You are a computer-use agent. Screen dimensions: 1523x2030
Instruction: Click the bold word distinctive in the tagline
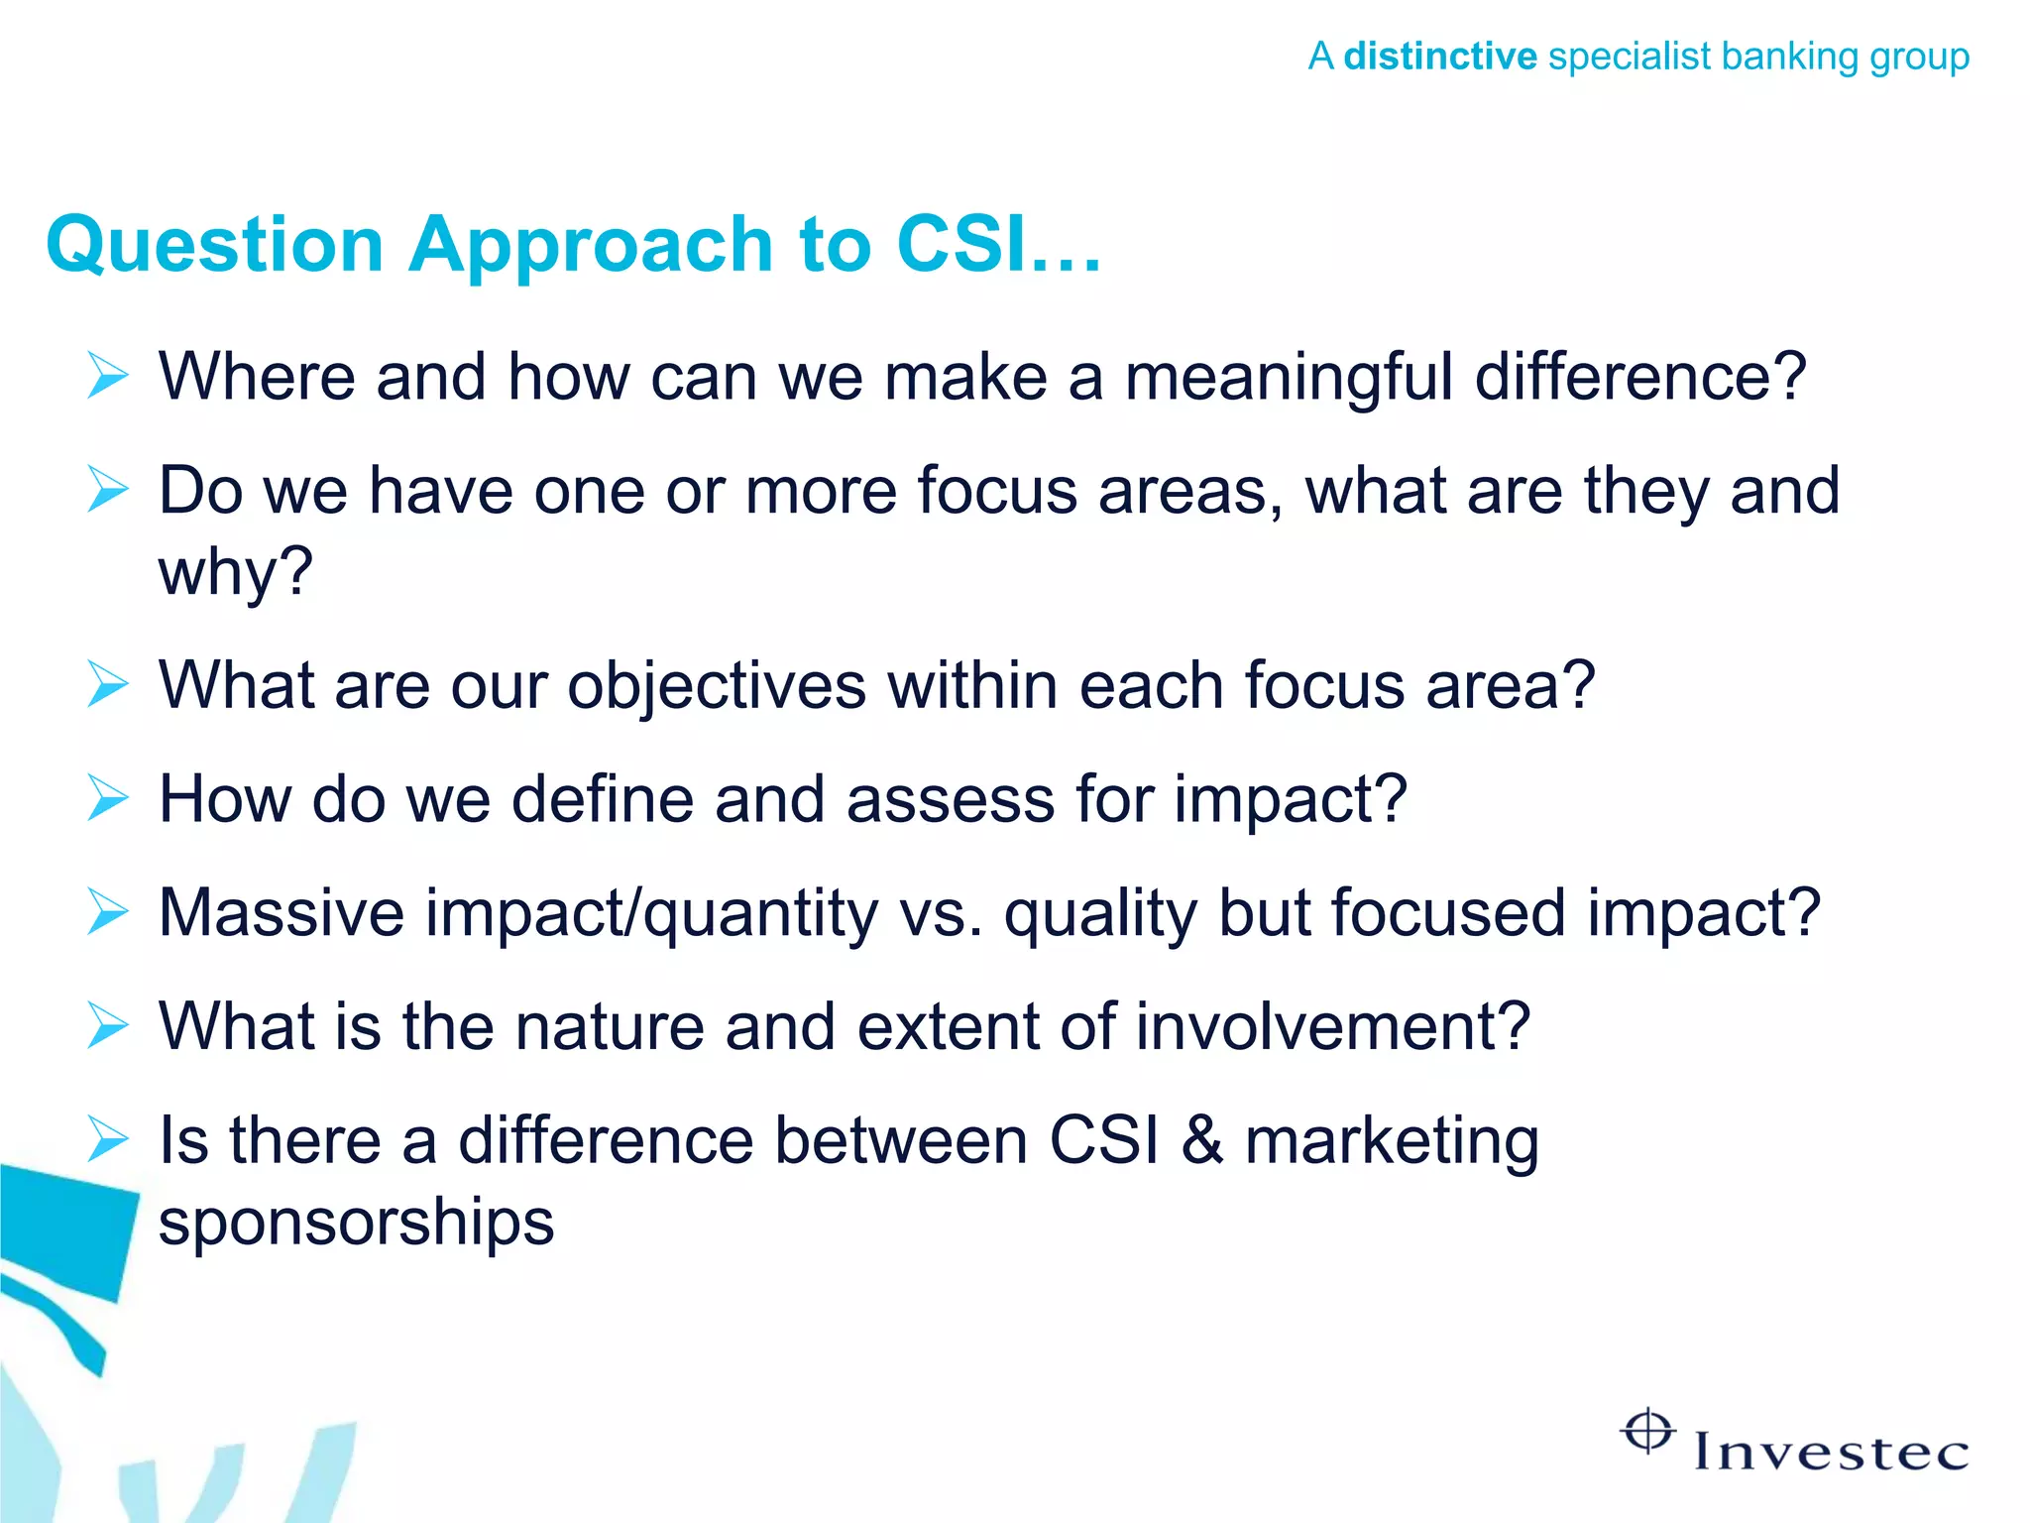pyautogui.click(x=1439, y=57)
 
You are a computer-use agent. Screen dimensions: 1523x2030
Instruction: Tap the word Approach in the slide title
pyautogui.click(x=591, y=245)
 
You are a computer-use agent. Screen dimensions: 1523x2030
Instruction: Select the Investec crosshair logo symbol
pyautogui.click(x=1647, y=1432)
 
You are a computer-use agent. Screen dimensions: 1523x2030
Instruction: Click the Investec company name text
pyautogui.click(x=1830, y=1453)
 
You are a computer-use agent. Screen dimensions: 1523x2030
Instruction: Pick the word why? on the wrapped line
pyautogui.click(x=236, y=572)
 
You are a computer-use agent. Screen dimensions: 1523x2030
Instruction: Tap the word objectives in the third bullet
pyautogui.click(x=716, y=685)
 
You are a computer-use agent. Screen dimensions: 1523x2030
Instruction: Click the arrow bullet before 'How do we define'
pyautogui.click(x=108, y=798)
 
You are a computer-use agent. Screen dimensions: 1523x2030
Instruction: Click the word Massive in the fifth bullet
pyautogui.click(x=282, y=912)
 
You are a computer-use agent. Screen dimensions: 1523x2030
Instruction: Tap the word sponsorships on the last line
pyautogui.click(x=356, y=1223)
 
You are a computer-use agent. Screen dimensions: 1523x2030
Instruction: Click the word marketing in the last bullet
pyautogui.click(x=1392, y=1142)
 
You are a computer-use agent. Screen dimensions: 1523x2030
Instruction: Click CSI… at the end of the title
pyautogui.click(x=997, y=245)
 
